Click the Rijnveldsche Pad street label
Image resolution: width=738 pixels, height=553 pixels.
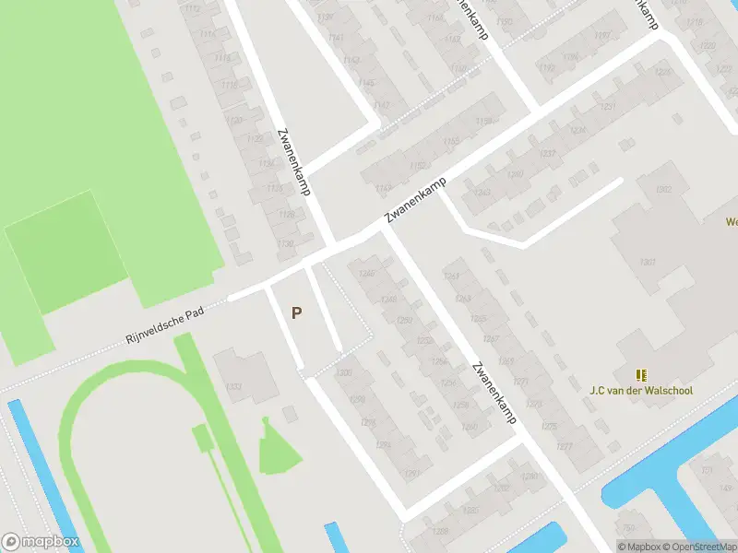(x=165, y=325)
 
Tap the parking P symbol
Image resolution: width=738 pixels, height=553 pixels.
(x=296, y=312)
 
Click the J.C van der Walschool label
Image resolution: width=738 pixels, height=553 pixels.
(x=641, y=390)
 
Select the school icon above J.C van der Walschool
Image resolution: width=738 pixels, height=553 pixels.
(x=641, y=374)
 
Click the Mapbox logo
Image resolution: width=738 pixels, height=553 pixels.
(x=40, y=542)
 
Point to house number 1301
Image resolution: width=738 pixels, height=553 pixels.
(x=647, y=263)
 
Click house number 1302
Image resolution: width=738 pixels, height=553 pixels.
(x=663, y=189)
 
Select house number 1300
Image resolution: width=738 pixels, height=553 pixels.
(x=344, y=372)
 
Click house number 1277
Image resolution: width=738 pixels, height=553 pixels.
(x=565, y=447)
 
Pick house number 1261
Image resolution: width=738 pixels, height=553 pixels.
(x=452, y=276)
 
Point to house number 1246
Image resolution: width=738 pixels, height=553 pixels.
(x=366, y=274)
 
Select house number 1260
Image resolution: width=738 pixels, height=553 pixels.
(x=470, y=426)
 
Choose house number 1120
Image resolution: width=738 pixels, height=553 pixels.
(x=235, y=121)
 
